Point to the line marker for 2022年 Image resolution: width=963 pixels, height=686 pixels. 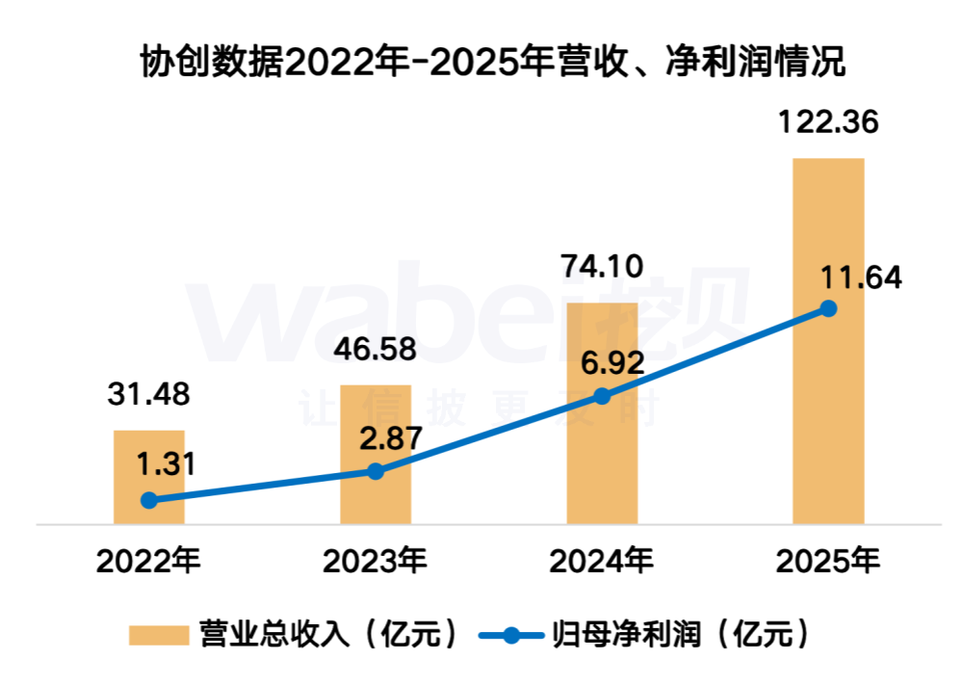(x=148, y=500)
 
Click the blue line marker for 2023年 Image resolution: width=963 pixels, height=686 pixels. (x=376, y=471)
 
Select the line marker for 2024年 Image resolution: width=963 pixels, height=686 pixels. (x=602, y=396)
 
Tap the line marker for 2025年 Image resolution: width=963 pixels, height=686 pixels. (x=828, y=308)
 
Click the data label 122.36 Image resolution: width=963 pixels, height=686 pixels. (x=828, y=125)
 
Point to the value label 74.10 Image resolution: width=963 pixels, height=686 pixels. (x=602, y=266)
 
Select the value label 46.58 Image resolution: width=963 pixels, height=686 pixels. (x=376, y=349)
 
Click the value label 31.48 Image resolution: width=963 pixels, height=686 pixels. (x=148, y=394)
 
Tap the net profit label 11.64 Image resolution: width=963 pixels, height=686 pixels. (x=860, y=278)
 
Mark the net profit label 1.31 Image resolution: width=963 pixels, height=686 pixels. (x=166, y=463)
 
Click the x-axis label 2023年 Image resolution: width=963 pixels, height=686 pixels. (x=376, y=560)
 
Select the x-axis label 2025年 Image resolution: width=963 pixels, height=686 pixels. (x=828, y=560)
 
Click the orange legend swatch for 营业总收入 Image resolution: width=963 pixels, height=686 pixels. (x=158, y=635)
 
